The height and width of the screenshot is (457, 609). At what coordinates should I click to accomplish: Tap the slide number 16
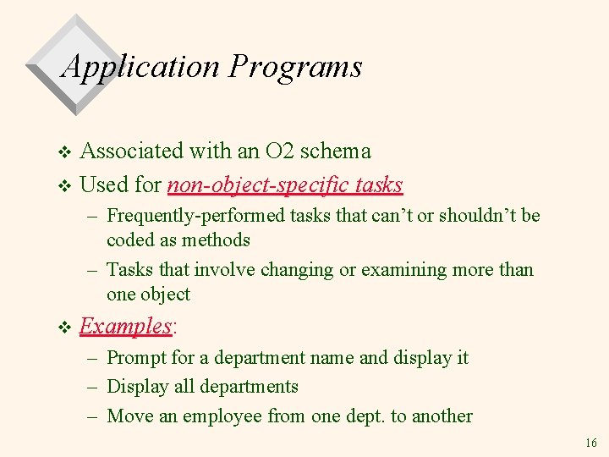point(590,443)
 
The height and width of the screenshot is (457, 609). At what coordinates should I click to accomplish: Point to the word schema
point(336,151)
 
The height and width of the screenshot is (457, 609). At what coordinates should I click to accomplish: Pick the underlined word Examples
point(125,326)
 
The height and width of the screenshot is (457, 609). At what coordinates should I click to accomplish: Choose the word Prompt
point(137,358)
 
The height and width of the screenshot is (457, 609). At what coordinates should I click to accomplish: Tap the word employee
point(222,416)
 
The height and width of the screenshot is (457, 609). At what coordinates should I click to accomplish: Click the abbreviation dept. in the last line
point(369,416)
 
